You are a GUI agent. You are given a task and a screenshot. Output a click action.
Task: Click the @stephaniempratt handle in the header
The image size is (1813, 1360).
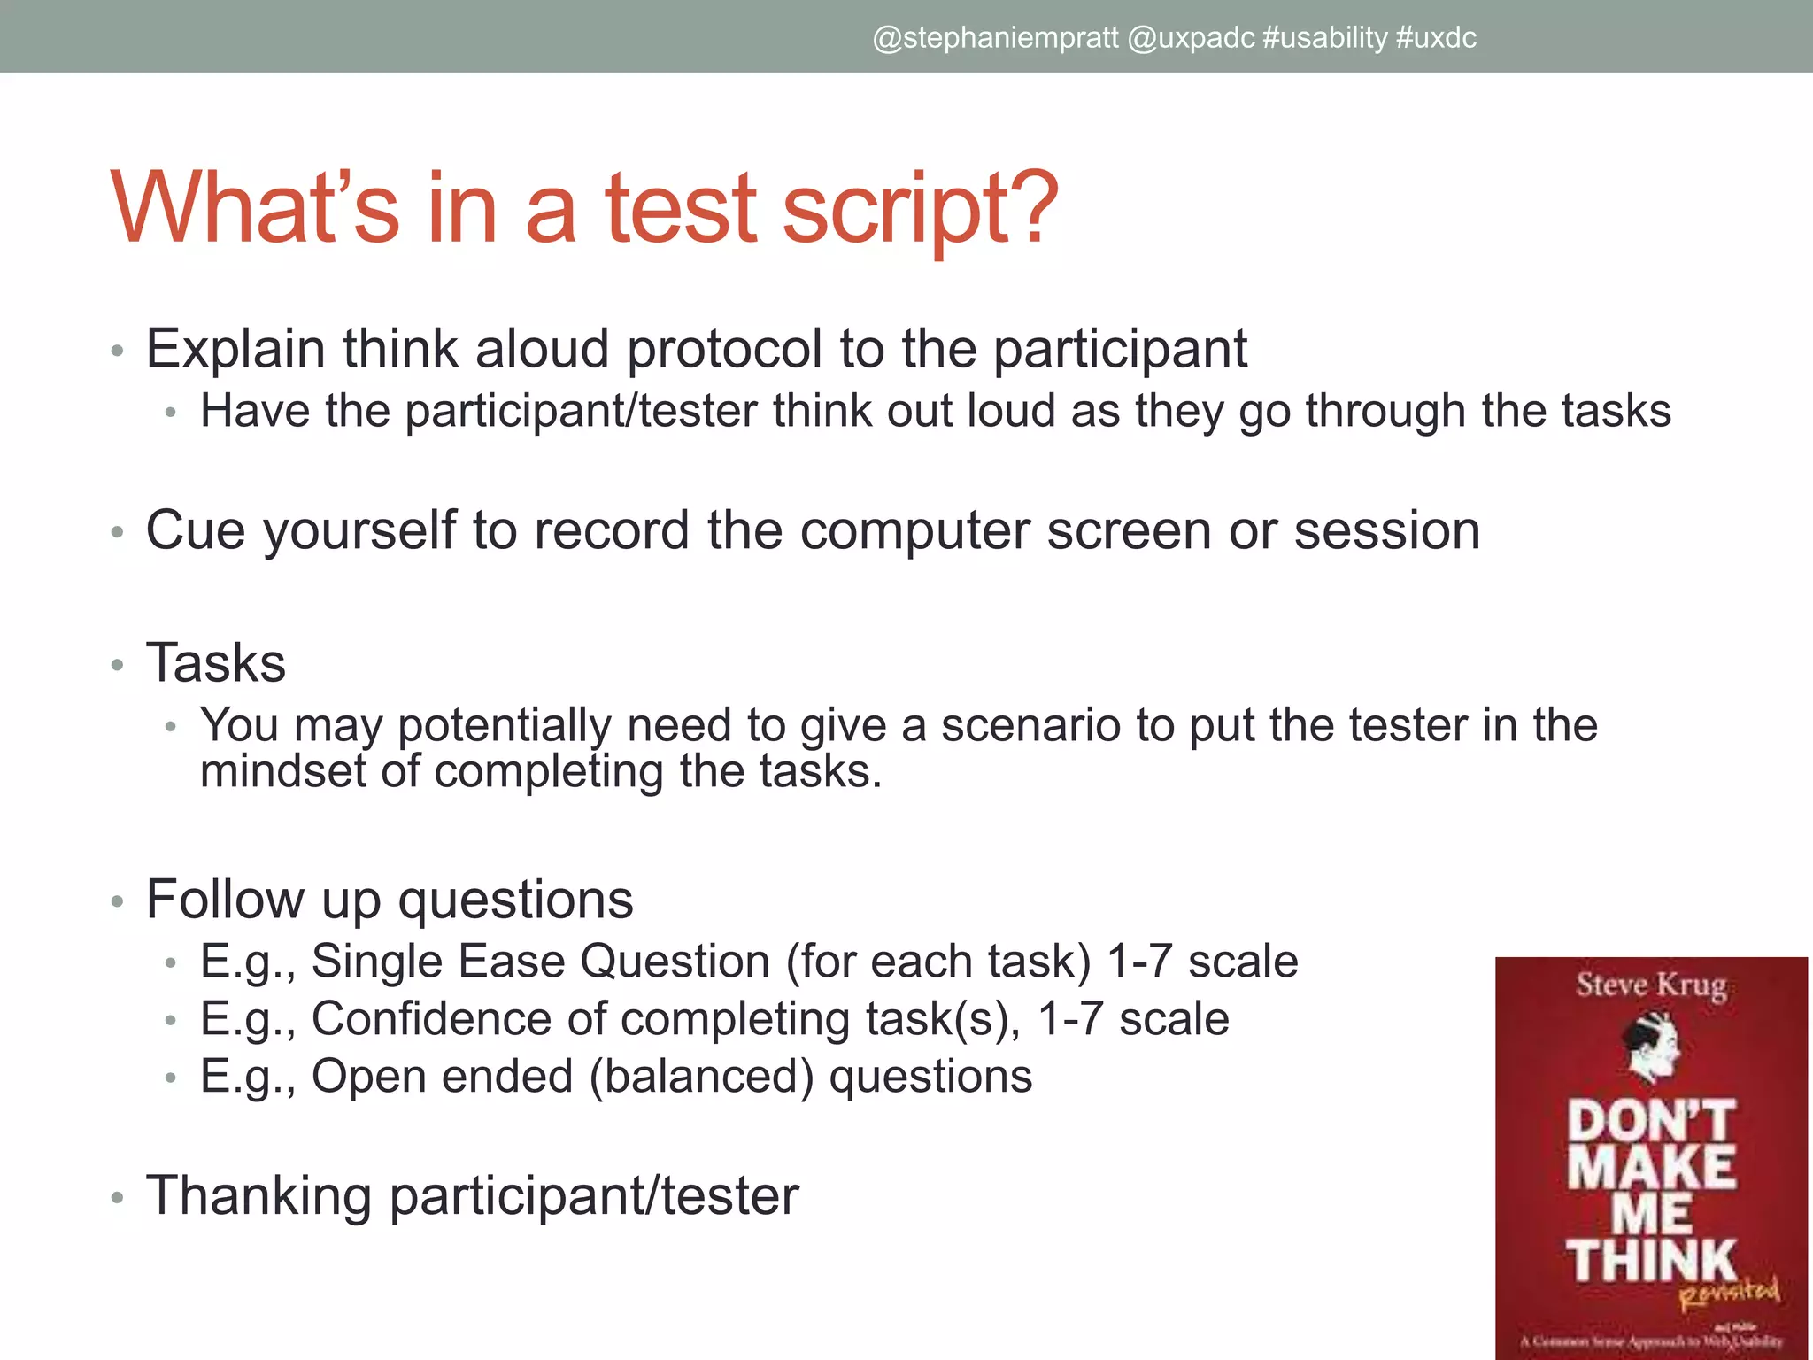[995, 38]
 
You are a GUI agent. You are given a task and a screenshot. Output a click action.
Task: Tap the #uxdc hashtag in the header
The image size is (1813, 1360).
[1436, 38]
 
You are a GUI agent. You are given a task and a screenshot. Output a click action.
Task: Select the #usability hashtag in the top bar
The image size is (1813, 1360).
[1325, 38]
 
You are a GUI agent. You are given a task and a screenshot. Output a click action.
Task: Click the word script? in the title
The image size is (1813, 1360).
[921, 211]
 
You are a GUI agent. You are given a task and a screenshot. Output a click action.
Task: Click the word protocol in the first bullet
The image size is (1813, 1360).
[724, 349]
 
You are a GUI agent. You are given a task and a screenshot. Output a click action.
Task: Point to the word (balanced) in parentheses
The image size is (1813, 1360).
[701, 1078]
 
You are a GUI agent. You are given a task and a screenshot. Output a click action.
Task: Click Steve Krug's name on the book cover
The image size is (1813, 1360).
[1651, 985]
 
